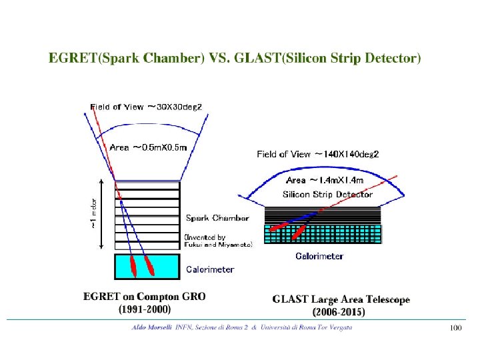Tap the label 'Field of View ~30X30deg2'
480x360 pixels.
click(x=146, y=107)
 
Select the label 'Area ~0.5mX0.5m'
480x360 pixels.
click(x=148, y=147)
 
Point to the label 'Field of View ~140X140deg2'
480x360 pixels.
click(x=317, y=154)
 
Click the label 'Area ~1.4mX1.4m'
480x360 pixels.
click(x=325, y=181)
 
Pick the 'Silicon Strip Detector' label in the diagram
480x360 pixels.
click(x=327, y=195)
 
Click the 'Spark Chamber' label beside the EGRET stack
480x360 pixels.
click(x=217, y=218)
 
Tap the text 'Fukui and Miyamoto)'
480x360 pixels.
click(x=218, y=245)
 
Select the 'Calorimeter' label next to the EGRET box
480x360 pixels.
click(x=210, y=269)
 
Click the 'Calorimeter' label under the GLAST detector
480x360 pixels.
click(x=319, y=256)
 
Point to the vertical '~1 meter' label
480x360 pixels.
click(x=93, y=213)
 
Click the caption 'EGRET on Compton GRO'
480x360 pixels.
click(x=144, y=296)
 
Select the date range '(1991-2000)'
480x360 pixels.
click(x=144, y=309)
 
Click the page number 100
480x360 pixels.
click(x=455, y=328)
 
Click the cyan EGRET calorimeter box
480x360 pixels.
click(x=147, y=266)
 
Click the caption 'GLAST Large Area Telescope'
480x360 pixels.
click(x=341, y=299)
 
